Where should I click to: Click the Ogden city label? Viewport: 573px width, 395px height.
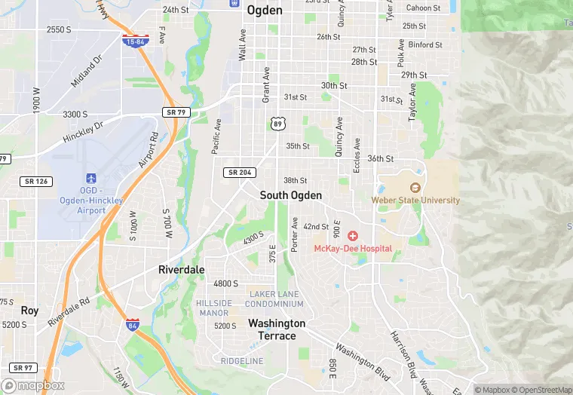click(x=265, y=11)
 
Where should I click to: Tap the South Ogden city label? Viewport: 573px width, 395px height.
click(x=291, y=195)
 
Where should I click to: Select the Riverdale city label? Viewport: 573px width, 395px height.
click(x=181, y=269)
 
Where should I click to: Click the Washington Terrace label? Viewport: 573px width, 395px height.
click(x=277, y=329)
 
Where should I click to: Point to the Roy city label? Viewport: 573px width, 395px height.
click(x=29, y=311)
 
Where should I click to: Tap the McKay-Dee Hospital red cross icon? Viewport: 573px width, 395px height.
click(x=352, y=236)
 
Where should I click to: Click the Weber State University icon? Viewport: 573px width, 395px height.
click(x=415, y=188)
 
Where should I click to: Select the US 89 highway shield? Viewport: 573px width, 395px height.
click(x=277, y=123)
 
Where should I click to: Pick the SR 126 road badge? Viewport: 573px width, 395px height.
click(x=35, y=181)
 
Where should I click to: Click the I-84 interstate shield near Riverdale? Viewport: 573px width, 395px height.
click(x=132, y=324)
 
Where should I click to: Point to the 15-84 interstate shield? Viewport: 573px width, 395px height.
click(x=136, y=40)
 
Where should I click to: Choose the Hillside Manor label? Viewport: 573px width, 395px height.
click(x=213, y=308)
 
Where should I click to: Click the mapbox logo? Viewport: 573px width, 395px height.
click(x=34, y=385)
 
